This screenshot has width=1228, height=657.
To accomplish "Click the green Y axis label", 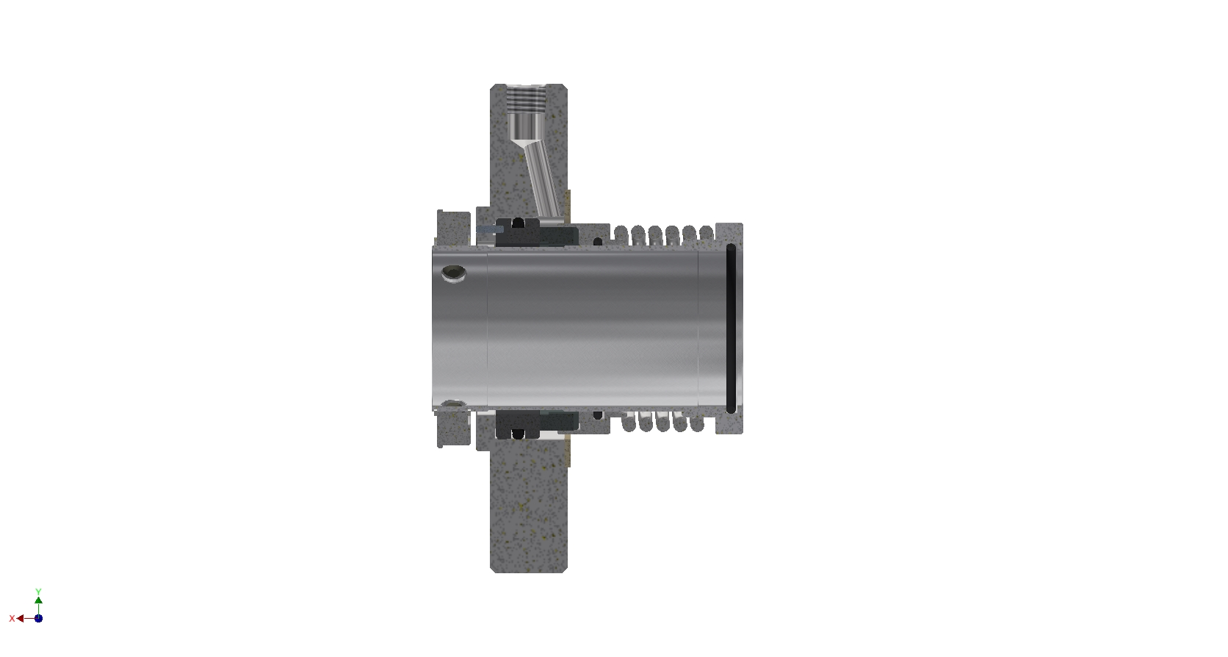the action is (x=38, y=592).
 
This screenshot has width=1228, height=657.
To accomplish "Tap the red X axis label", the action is (x=12, y=619).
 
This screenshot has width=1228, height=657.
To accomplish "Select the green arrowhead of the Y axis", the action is (x=38, y=600).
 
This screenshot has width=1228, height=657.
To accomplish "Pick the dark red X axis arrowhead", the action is (x=21, y=619).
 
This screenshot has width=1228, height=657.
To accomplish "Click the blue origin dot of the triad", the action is (x=38, y=619).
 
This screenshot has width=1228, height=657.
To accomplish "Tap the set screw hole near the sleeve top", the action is (x=453, y=273).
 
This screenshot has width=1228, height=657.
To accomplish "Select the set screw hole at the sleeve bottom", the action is (x=453, y=405).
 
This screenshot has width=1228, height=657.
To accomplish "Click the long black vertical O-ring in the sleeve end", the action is (x=731, y=328).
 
